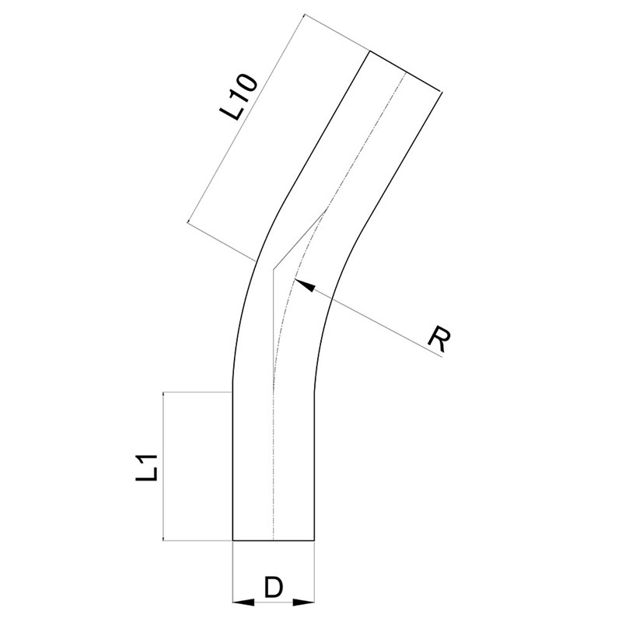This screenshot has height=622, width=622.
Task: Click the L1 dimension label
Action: click(147, 467)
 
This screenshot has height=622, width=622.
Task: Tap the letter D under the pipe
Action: click(274, 588)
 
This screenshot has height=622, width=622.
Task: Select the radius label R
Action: click(440, 340)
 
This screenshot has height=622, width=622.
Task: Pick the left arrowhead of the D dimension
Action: click(243, 602)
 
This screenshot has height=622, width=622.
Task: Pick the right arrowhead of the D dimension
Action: click(304, 602)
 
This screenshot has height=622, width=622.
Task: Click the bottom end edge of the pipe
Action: click(274, 540)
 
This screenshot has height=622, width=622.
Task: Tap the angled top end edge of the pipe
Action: click(406, 72)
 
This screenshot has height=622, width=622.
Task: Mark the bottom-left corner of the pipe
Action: click(232, 540)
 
